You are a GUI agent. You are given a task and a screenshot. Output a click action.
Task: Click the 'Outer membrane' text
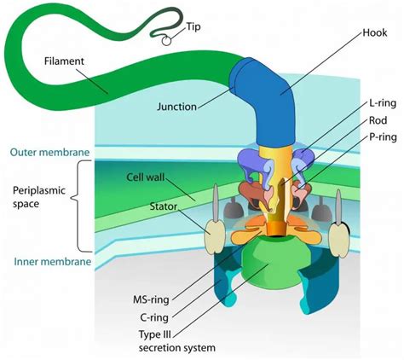[51, 153]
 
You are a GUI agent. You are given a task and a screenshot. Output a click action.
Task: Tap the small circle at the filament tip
[167, 38]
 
